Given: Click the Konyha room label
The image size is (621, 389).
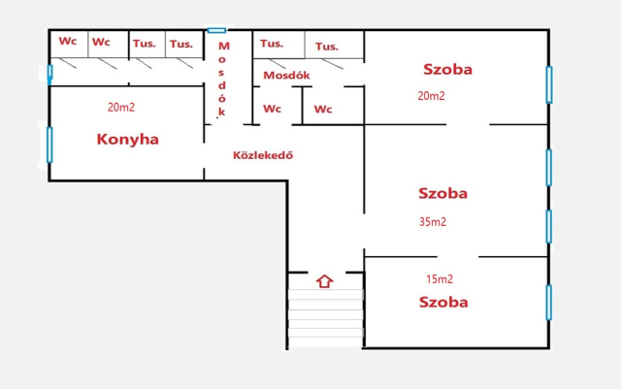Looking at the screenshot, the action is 127,140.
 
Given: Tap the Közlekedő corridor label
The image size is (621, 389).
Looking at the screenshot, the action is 263,155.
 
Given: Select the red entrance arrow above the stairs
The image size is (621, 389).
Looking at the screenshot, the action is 325,281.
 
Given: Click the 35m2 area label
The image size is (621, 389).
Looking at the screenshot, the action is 433,222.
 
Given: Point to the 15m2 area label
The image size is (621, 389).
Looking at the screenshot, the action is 440,279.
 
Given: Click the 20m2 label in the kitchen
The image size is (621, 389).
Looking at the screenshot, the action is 121,108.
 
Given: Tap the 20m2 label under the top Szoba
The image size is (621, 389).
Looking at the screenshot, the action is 431,96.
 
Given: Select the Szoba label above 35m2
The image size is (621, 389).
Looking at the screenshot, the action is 442,193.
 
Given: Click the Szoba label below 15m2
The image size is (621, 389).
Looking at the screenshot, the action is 443,303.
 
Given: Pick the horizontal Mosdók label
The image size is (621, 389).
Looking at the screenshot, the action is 287,76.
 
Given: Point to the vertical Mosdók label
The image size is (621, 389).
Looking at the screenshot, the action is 223,79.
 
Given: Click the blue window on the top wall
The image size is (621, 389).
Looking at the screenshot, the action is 217,30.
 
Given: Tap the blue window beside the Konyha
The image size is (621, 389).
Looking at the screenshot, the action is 49,145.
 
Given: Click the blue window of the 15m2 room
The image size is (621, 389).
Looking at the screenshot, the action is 549,303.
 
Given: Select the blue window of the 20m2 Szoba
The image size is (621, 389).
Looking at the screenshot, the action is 549,84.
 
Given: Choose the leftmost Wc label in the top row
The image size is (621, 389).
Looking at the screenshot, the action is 68,41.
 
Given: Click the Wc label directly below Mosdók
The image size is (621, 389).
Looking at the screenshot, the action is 272,109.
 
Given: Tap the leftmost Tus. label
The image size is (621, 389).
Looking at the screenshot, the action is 145,44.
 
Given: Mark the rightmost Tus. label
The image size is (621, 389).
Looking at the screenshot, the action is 327,47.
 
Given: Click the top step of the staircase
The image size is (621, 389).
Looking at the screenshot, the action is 326,294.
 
